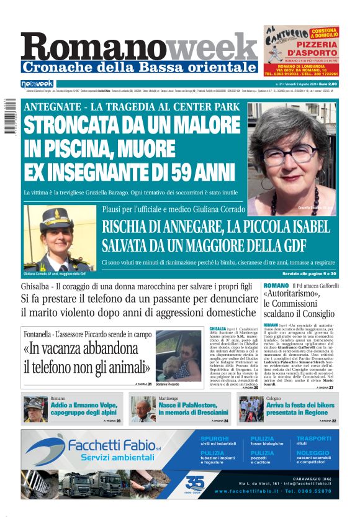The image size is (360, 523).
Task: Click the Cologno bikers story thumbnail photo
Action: (x=251, y=409)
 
